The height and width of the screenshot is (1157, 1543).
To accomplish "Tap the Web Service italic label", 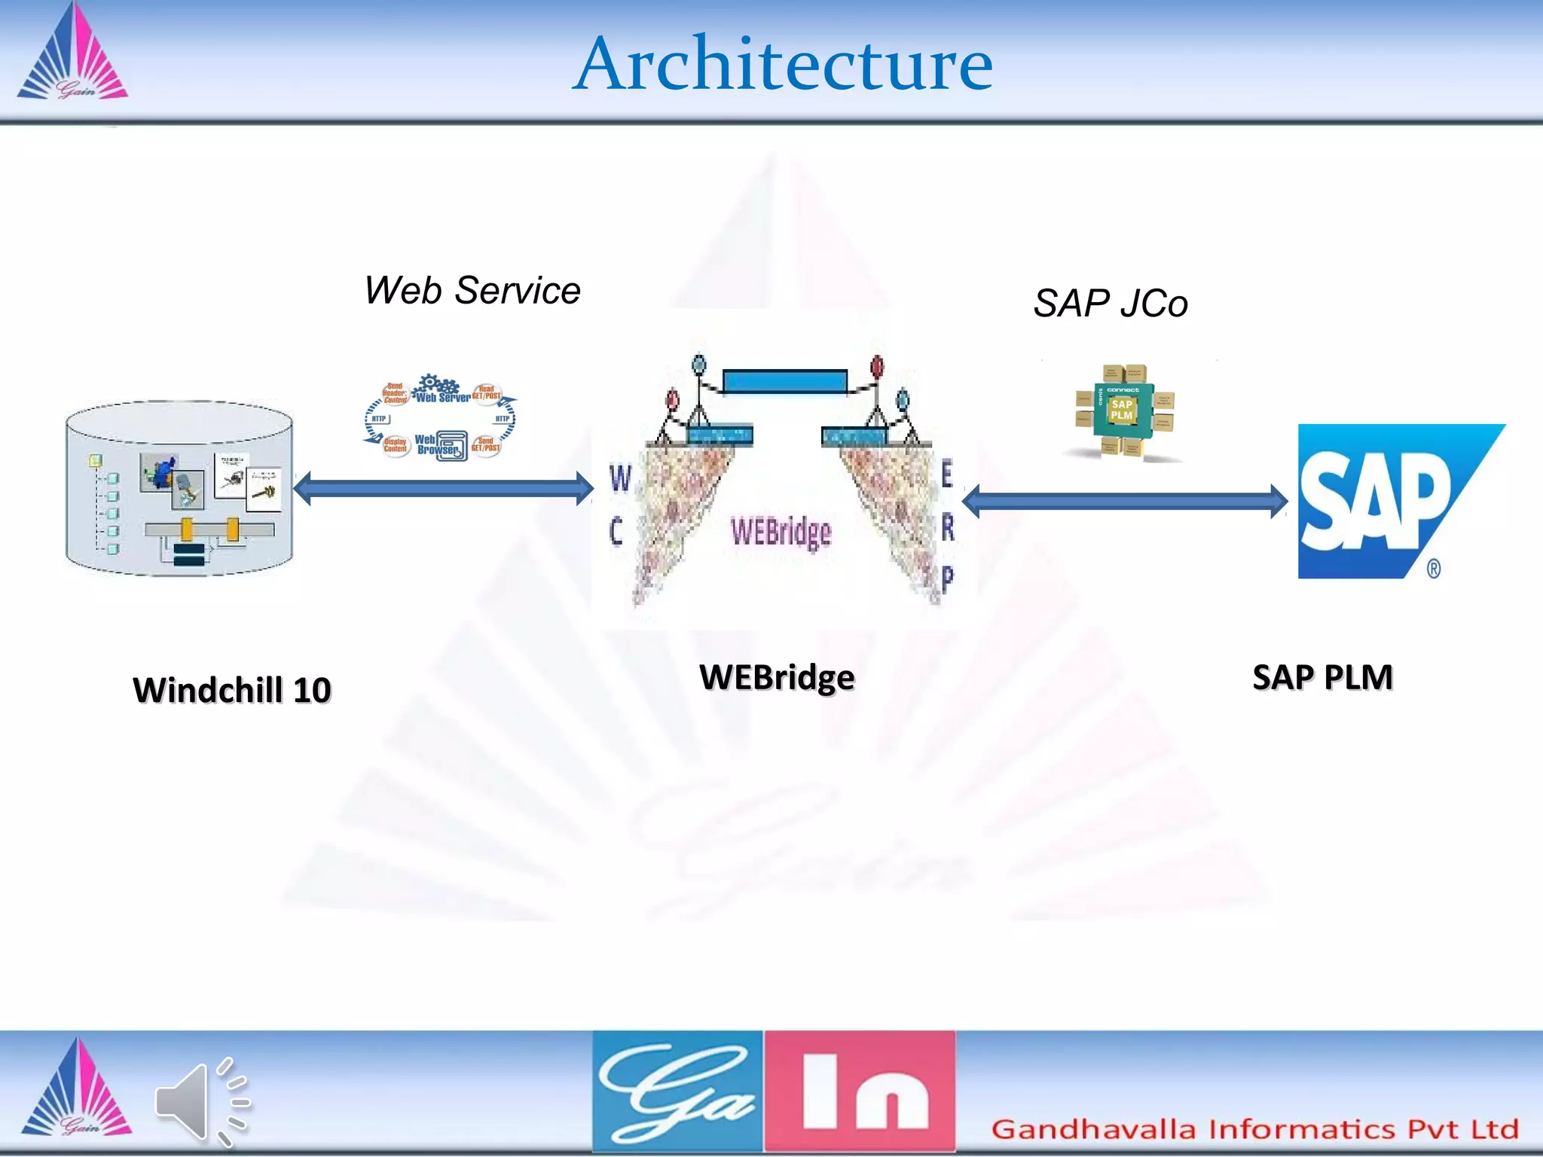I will [472, 291].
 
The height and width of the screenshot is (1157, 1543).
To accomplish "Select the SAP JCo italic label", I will [1110, 304].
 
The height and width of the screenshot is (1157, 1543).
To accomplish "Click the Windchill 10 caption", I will [232, 690].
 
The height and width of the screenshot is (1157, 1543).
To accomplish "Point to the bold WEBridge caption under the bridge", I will [777, 677].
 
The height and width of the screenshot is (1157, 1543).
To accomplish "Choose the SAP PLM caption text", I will [1322, 677].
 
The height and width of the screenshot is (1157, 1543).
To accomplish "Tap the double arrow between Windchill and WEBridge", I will [443, 489].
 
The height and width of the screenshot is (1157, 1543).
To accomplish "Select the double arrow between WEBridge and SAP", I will [1125, 502].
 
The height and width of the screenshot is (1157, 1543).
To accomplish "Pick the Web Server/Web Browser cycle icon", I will [441, 417].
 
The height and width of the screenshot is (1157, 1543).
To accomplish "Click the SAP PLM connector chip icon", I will [1123, 411].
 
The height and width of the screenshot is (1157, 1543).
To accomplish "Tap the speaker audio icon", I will [200, 1101].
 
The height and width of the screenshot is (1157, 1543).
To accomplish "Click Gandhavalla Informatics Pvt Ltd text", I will [1254, 1129].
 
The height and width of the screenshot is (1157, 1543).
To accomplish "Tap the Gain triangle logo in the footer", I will [75, 1091].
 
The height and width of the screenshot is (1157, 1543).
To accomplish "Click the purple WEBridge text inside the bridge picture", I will [781, 532].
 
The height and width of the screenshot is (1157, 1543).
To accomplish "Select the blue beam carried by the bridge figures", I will [784, 381].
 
